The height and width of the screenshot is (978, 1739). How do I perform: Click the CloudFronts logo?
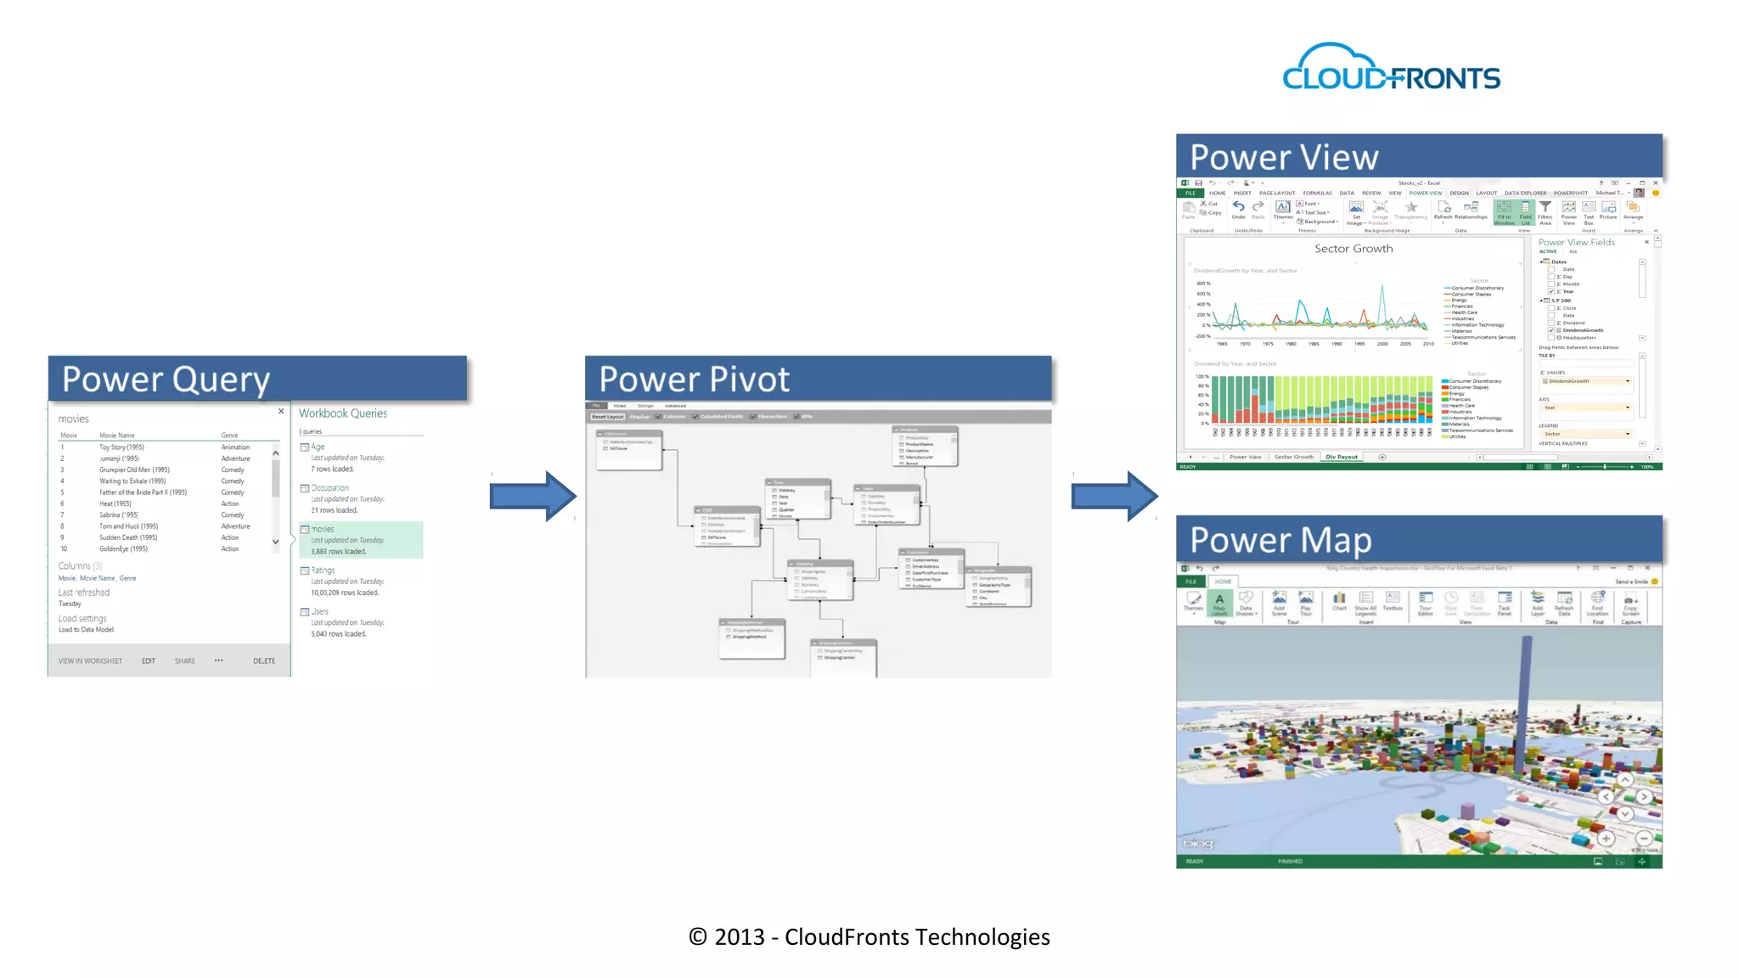[x=1391, y=68]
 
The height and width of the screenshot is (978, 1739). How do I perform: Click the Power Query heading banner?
[x=257, y=379]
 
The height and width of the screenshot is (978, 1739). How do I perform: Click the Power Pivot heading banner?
[x=818, y=379]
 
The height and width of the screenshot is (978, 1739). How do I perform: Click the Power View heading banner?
[x=1418, y=156]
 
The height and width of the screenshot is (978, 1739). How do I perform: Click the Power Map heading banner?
[x=1418, y=539]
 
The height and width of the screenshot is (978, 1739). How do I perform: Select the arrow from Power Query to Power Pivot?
[x=532, y=496]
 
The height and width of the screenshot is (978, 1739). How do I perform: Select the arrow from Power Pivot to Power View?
[x=1114, y=496]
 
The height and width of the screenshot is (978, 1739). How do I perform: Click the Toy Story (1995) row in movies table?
[x=121, y=447]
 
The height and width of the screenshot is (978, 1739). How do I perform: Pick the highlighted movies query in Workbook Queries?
[x=361, y=540]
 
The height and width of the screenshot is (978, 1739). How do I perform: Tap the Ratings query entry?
[x=323, y=570]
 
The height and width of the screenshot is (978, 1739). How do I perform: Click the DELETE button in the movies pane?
[x=264, y=661]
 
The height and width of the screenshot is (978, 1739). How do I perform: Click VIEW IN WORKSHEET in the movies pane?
[x=90, y=661]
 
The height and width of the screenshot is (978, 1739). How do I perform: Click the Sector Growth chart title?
[x=1353, y=249]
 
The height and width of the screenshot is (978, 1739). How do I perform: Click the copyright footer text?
[x=869, y=937]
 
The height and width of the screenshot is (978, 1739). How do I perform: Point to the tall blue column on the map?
[x=1525, y=696]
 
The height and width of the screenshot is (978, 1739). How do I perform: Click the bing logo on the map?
[x=1198, y=843]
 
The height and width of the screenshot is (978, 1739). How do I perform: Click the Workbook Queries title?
[x=343, y=413]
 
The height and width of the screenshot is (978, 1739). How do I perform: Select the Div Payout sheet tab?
[x=1342, y=457]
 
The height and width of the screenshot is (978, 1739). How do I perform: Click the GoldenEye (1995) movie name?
[x=123, y=549]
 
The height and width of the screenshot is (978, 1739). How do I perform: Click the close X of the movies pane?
[x=281, y=412]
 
